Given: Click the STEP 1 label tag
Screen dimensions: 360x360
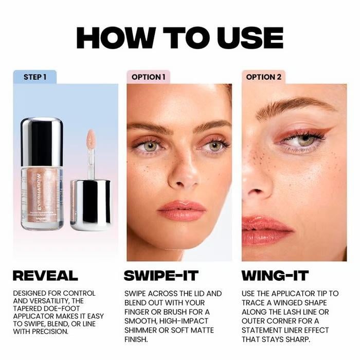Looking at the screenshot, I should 35,77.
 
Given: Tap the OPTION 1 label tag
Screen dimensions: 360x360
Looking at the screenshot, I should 149,77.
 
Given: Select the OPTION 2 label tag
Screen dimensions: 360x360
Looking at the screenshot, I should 264,77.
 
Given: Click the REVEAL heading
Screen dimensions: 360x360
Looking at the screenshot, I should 45,275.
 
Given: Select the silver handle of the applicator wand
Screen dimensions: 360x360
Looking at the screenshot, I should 91,204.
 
